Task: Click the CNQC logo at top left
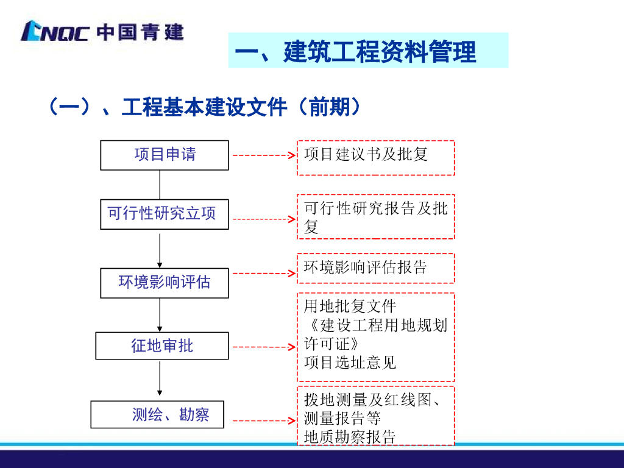point(102,31)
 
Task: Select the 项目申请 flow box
point(165,155)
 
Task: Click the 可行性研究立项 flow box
point(165,214)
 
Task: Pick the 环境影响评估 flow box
point(165,282)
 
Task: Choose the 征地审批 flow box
point(162,346)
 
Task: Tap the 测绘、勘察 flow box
point(158,414)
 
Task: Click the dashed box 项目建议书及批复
point(375,158)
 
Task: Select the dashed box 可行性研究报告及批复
point(375,216)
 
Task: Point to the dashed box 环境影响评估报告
point(375,268)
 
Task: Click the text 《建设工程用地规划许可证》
point(375,333)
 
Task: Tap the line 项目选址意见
point(350,363)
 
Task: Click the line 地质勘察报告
point(350,436)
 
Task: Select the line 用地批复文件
point(350,306)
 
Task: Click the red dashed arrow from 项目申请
point(263,155)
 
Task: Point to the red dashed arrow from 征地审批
point(263,347)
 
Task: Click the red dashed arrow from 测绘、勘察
point(263,420)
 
